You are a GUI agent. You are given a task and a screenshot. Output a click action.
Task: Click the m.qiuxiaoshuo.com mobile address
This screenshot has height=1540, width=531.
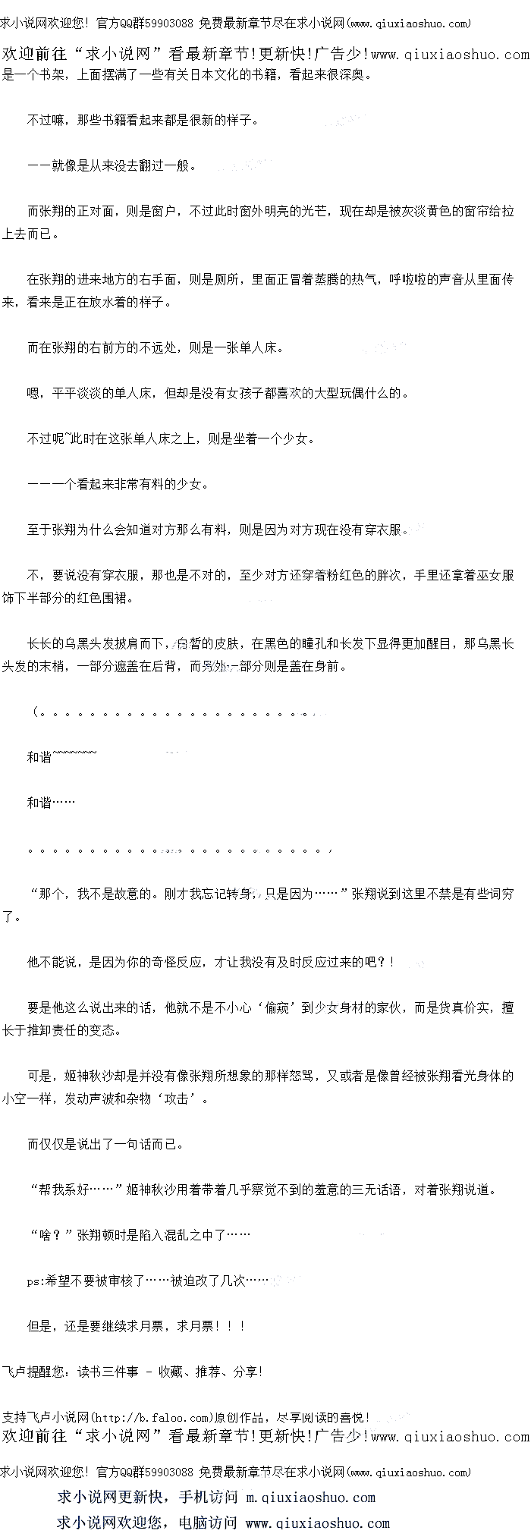pyautogui.click(x=311, y=1498)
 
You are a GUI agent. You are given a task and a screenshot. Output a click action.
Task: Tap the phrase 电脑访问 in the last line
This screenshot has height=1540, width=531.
pyautogui.click(x=208, y=1523)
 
